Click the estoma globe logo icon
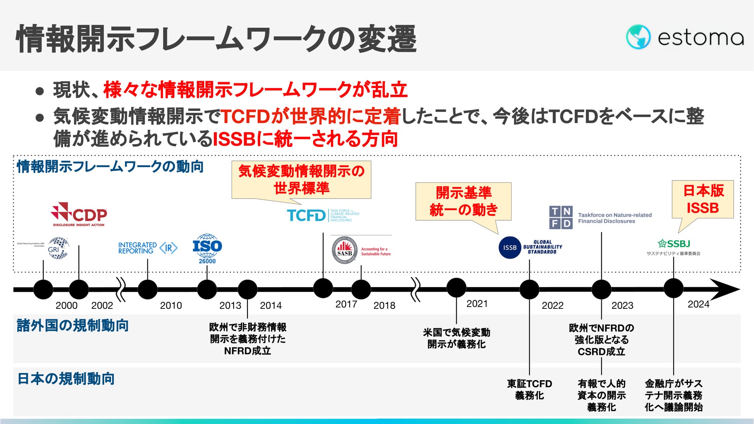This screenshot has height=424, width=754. pyautogui.click(x=638, y=37)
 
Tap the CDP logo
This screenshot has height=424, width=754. pyautogui.click(x=79, y=214)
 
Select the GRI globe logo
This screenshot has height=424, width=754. pyautogui.click(x=58, y=248)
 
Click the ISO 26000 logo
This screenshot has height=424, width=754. pyautogui.click(x=207, y=249)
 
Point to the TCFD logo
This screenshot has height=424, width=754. pyautogui.click(x=306, y=215)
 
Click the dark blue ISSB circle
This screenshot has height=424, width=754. pyautogui.click(x=510, y=247)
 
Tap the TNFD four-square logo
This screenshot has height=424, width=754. pyautogui.click(x=561, y=217)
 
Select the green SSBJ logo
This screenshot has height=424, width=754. pyautogui.click(x=674, y=244)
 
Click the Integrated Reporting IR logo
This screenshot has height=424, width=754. pyautogui.click(x=148, y=248)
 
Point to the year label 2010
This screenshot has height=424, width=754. pyautogui.click(x=171, y=305)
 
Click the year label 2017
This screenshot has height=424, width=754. pyautogui.click(x=346, y=304)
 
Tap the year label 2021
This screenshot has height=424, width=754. pyautogui.click(x=477, y=304)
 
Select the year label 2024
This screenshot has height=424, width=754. pyautogui.click(x=698, y=304)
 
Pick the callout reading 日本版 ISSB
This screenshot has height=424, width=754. pyautogui.click(x=703, y=199)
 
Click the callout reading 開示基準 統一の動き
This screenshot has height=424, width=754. pyautogui.click(x=463, y=201)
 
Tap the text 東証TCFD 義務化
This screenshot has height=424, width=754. pyautogui.click(x=529, y=389)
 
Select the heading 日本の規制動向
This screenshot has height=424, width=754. pyautogui.click(x=66, y=379)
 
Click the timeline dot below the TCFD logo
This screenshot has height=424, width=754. pyautogui.click(x=323, y=288)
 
